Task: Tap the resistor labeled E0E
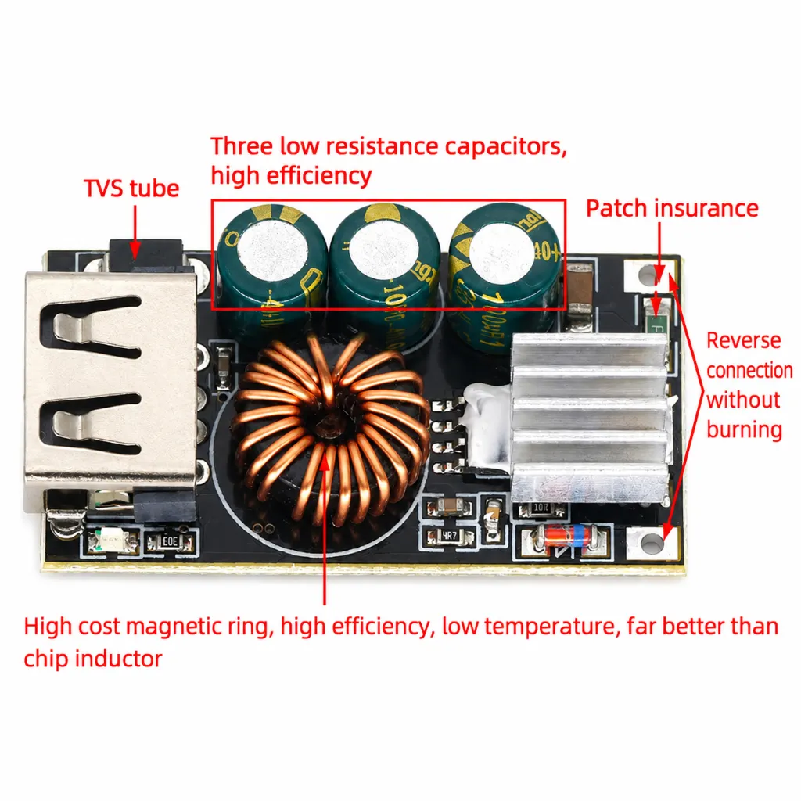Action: [170, 541]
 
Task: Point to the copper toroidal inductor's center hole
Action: [325, 422]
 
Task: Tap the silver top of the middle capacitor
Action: [384, 249]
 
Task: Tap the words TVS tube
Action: [131, 189]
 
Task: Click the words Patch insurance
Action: [672, 208]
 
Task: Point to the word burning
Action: [745, 429]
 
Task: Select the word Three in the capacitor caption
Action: [242, 146]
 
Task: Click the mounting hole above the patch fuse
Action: [645, 275]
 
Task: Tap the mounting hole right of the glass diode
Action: [652, 543]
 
